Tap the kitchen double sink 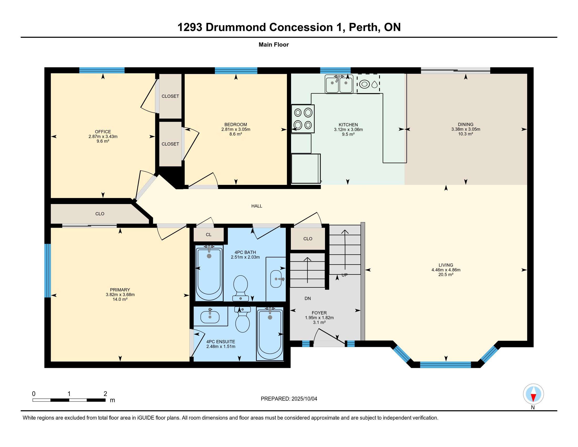click(x=339, y=84)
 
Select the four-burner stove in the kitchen click(x=303, y=119)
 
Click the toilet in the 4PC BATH click(x=241, y=288)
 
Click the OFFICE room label click(x=103, y=132)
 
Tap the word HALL click(x=257, y=206)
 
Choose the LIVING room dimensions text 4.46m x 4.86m click(x=446, y=270)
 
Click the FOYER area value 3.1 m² click(x=319, y=322)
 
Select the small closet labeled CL click(x=209, y=234)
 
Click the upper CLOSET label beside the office click(x=170, y=96)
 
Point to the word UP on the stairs click(x=344, y=275)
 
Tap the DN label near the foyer click(x=308, y=298)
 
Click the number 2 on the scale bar click(x=105, y=394)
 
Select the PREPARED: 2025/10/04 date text click(x=289, y=399)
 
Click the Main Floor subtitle click(x=274, y=45)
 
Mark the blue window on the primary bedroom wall click(x=47, y=270)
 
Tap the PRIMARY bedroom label click(x=120, y=290)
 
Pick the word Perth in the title click(x=363, y=27)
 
